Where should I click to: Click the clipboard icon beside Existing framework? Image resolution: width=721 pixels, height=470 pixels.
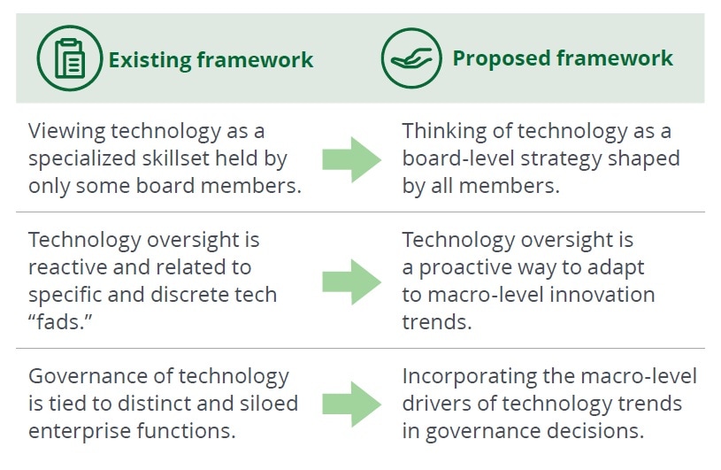(x=69, y=58)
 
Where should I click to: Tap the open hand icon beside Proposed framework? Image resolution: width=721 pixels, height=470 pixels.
(x=411, y=58)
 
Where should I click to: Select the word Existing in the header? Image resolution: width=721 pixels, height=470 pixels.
(x=150, y=60)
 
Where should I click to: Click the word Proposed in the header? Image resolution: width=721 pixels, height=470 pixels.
(x=502, y=59)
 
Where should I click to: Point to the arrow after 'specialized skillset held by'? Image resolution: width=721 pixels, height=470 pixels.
(x=352, y=159)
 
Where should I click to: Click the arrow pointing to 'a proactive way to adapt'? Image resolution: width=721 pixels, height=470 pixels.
(x=352, y=281)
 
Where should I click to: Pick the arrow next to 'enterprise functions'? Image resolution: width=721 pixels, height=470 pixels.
(x=352, y=405)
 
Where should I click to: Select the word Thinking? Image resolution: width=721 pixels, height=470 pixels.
(x=444, y=132)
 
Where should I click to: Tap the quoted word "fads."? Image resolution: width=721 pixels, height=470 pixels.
(x=60, y=322)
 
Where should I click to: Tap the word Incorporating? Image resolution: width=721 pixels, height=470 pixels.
(x=469, y=377)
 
